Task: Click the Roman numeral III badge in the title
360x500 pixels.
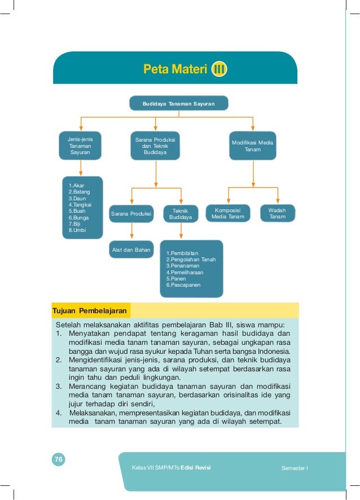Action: [219, 70]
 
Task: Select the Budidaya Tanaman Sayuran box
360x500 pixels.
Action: [178, 104]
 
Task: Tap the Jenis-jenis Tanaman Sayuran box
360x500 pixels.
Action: [80, 145]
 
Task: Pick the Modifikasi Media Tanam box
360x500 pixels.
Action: [253, 146]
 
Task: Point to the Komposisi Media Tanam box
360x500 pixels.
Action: [228, 213]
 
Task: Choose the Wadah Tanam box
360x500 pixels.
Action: [277, 213]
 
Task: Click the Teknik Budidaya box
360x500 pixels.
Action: [181, 213]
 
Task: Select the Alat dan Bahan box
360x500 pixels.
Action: [130, 249]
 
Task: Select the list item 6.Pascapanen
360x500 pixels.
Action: [183, 286]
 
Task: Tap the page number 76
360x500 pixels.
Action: [58, 460]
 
